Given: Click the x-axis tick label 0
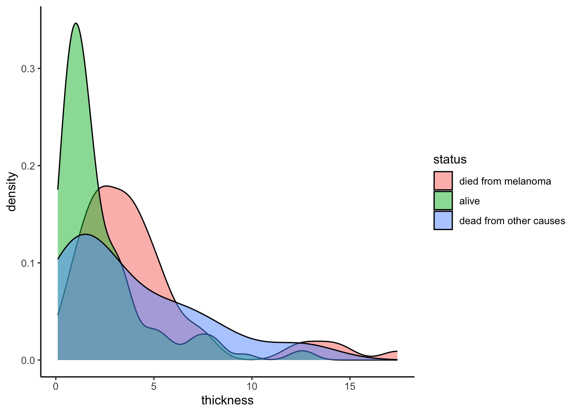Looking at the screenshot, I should pos(56,386).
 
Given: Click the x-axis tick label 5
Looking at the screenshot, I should pos(154,386).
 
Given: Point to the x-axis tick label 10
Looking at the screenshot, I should pos(252,386).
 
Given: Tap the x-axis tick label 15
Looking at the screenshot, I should pos(350,386).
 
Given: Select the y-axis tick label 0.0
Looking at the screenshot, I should pos(28,360).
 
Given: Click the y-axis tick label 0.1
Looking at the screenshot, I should pos(28,263).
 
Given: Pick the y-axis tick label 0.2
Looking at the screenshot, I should pos(28,166).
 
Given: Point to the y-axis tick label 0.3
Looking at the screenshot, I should pos(28,69).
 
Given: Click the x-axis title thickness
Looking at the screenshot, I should pos(227,401).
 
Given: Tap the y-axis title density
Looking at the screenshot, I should pos(12,192).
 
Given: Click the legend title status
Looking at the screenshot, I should pos(450,160).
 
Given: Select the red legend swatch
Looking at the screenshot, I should pos(443,181).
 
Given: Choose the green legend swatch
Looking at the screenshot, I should pos(443,201).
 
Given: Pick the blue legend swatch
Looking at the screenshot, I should pos(443,221).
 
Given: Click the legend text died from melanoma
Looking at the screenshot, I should pos(505,181).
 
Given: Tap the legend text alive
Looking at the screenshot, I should pos(469,201).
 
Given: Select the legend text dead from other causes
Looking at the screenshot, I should pos(512,221).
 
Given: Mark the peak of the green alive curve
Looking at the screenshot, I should pos(76,23).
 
